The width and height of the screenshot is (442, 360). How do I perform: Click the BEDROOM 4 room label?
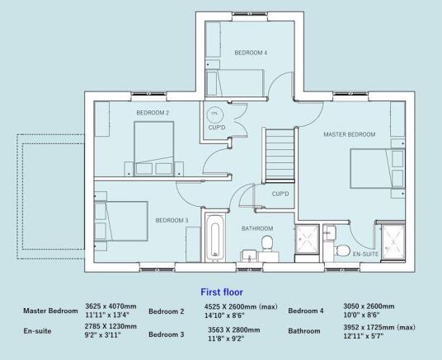pos(251,52)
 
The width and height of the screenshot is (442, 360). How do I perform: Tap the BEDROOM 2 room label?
pos(153,112)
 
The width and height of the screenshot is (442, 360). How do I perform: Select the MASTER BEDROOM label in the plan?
pos(350,134)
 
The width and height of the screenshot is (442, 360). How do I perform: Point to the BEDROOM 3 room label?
pos(172,220)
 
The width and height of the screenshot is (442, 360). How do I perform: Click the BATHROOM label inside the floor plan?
pos(257,227)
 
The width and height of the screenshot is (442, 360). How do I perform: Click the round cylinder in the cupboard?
pos(215,114)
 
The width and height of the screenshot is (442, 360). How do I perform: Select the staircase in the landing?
pos(280,157)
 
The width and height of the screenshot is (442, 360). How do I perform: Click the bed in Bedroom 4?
pos(234,82)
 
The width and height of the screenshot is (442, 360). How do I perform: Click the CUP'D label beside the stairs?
pos(280,194)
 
